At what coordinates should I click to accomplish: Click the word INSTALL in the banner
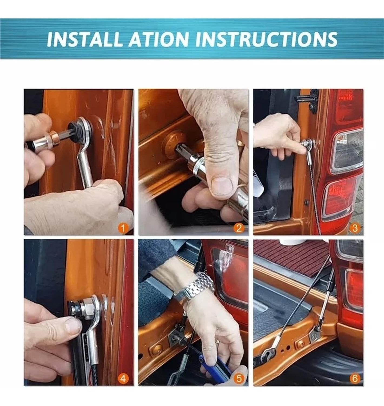point(83,39)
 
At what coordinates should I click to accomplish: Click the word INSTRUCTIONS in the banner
point(266,39)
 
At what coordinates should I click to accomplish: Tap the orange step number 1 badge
point(123,228)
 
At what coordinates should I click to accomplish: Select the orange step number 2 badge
point(239,228)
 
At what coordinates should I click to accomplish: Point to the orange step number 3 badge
point(355,228)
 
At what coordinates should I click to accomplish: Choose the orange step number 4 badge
point(123,379)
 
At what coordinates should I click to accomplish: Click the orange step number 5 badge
point(239,379)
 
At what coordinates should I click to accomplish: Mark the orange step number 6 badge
point(355,379)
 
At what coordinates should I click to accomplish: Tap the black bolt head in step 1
point(74,131)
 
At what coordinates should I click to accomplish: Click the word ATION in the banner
point(159,39)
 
